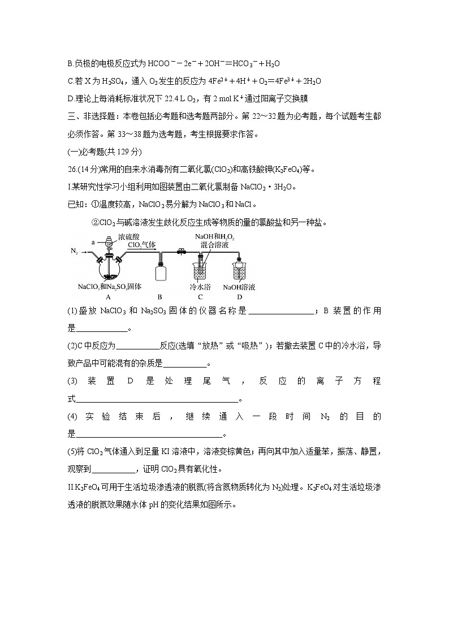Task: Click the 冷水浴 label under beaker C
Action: point(200,287)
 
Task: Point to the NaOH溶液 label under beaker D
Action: point(240,287)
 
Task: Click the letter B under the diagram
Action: point(160,296)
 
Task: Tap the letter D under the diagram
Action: point(239,296)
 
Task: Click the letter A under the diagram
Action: point(108,296)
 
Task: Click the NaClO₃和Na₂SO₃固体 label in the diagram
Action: point(110,287)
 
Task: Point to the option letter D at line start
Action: point(70,99)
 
